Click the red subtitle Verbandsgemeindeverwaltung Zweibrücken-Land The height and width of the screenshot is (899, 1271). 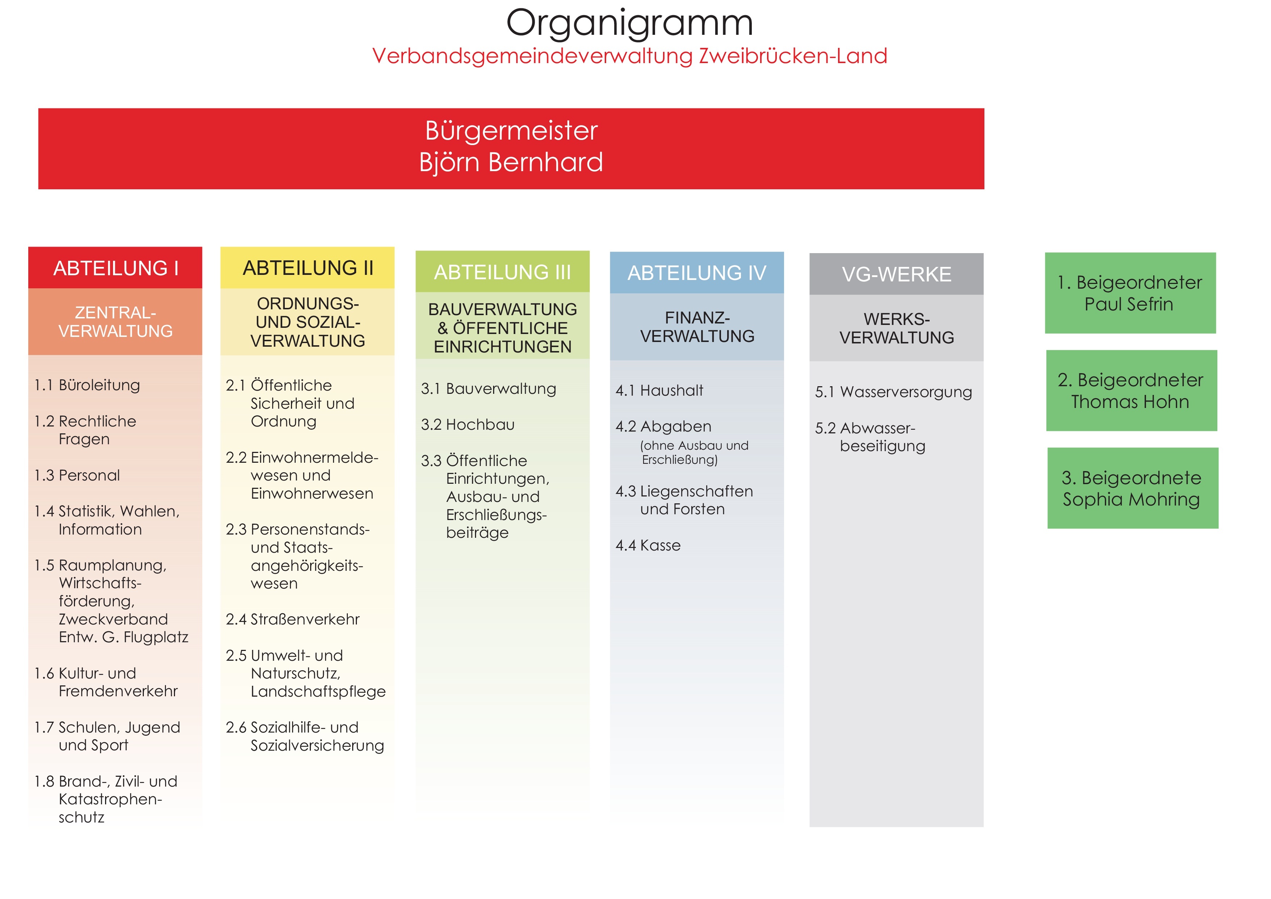point(629,56)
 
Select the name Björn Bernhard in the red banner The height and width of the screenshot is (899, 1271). point(511,162)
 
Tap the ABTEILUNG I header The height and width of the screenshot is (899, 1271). point(115,268)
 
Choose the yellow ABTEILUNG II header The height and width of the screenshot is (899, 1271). point(307,268)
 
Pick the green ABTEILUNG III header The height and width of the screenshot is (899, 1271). point(502,272)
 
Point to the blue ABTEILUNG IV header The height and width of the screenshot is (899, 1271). point(697,272)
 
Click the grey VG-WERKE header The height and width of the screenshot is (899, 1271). point(896,274)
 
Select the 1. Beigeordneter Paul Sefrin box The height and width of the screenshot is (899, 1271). point(1130,293)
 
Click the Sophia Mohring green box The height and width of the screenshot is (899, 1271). point(1133,488)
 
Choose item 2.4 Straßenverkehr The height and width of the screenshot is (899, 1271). point(293,619)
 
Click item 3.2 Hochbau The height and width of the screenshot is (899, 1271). point(468,425)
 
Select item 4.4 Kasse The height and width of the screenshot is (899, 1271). point(648,546)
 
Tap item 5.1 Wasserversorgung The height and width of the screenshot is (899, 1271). point(893,392)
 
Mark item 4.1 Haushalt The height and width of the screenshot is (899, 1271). point(659,391)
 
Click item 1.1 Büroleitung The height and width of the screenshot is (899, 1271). point(87,385)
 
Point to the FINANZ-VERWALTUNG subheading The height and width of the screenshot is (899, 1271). point(697,327)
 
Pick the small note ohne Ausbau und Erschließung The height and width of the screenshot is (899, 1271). point(694,453)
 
